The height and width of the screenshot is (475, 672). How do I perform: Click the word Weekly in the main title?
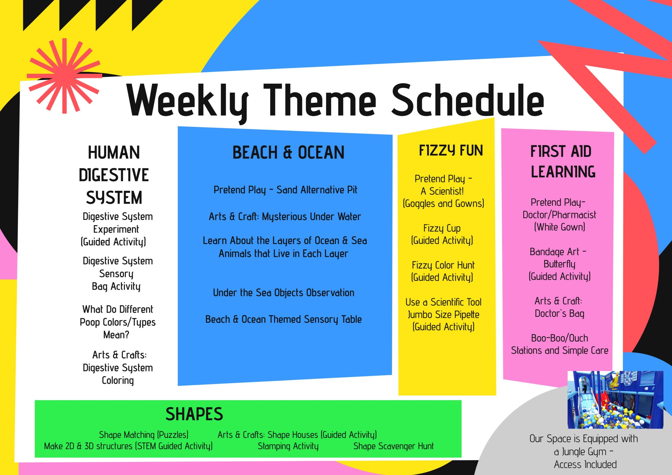click(x=188, y=101)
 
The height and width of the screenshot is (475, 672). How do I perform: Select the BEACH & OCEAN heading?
click(x=288, y=152)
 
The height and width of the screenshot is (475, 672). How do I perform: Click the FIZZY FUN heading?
click(x=451, y=151)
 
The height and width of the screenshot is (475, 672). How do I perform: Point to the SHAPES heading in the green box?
click(x=194, y=414)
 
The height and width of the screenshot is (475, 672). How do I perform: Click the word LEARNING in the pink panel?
click(x=563, y=172)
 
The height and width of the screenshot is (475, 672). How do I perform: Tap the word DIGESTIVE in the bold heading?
click(x=114, y=175)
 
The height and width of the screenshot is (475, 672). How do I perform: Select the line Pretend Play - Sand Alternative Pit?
click(x=285, y=190)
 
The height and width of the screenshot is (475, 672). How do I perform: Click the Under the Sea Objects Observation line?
click(x=283, y=293)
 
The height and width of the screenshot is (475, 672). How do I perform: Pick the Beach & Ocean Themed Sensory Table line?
click(x=283, y=319)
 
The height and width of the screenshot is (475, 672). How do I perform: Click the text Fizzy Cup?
click(x=442, y=228)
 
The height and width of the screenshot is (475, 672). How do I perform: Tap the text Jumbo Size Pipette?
click(x=443, y=315)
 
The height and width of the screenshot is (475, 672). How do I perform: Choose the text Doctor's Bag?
click(x=559, y=313)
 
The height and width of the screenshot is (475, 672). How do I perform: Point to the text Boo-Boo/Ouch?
click(x=559, y=338)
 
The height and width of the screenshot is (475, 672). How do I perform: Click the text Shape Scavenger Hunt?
click(x=393, y=446)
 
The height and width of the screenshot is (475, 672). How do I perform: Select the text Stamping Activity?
click(x=288, y=446)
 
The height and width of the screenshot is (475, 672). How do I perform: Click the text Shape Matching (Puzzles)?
click(x=143, y=435)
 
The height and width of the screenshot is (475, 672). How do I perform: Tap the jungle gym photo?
click(x=616, y=400)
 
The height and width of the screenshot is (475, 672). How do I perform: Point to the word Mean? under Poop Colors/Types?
click(x=116, y=335)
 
